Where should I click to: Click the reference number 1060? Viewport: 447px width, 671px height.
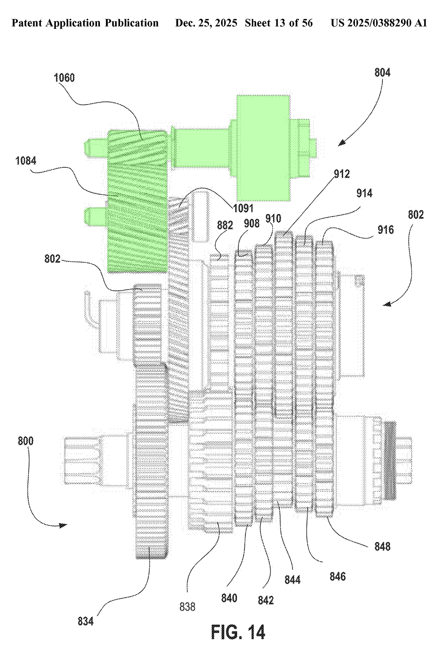coord(64,78)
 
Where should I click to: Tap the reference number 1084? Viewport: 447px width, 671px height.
coord(26,161)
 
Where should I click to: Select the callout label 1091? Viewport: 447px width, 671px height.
coord(243,208)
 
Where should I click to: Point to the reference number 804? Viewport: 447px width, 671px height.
coord(382,72)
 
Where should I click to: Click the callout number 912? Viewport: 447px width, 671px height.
coord(342,174)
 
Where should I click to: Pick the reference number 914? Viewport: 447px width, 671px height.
coord(364,193)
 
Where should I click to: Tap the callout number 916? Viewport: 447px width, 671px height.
coord(386,230)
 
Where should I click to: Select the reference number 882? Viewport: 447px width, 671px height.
coord(225,225)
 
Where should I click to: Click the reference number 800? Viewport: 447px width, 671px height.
coord(25,441)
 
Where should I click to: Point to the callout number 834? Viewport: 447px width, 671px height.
coord(86,621)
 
